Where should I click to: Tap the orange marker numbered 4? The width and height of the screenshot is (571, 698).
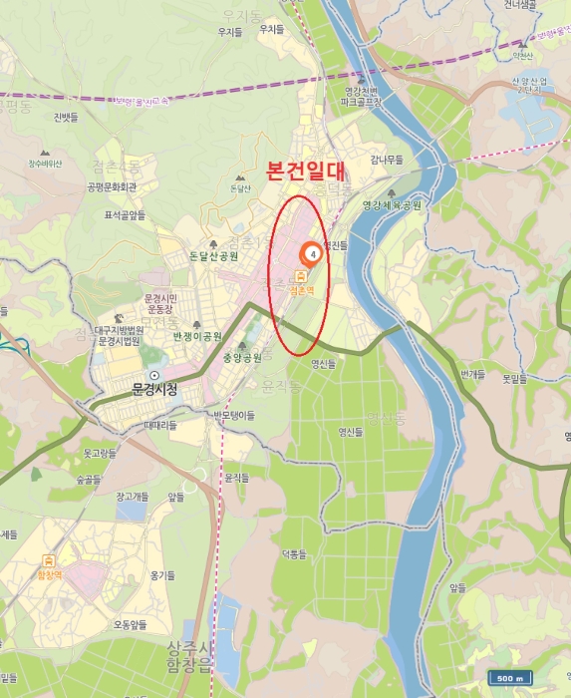click(x=313, y=254)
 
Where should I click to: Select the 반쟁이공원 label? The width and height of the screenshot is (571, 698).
click(x=197, y=336)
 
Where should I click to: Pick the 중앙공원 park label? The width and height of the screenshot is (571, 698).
click(x=241, y=357)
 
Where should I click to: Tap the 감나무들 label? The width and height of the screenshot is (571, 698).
click(x=387, y=160)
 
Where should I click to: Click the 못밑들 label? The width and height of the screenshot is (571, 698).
click(x=514, y=379)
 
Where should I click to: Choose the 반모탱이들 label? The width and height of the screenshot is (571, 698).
click(x=234, y=414)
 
